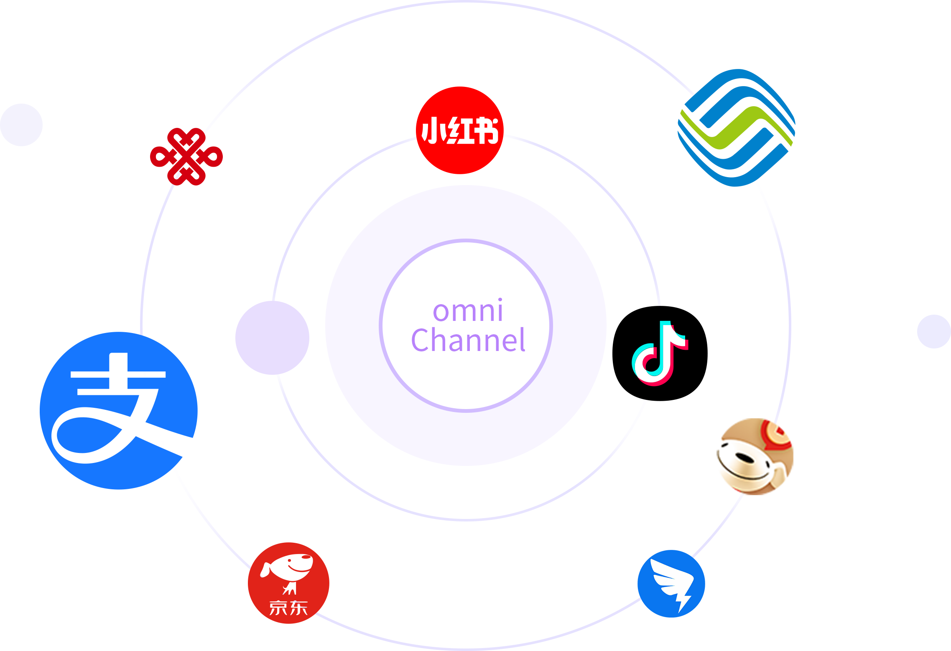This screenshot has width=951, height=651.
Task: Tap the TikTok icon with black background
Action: tap(660, 353)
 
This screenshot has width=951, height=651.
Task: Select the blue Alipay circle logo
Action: tap(118, 410)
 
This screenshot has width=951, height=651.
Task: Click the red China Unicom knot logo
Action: tap(186, 157)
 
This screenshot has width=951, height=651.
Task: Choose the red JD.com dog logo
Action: tap(288, 583)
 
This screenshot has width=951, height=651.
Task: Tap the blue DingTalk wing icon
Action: tap(671, 583)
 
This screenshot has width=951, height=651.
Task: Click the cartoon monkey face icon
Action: tap(755, 456)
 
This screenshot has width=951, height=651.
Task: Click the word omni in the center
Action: tap(468, 311)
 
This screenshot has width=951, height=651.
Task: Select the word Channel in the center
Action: tap(468, 340)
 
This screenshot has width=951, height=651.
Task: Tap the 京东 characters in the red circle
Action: tap(288, 608)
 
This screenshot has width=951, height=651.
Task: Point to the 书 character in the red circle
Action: tap(486, 130)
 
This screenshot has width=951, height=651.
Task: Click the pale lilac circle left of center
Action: tap(272, 338)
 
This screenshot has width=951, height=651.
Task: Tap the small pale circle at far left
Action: tap(21, 125)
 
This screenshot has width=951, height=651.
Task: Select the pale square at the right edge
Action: tap(933, 331)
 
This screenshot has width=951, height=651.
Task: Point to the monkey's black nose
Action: tap(744, 458)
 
